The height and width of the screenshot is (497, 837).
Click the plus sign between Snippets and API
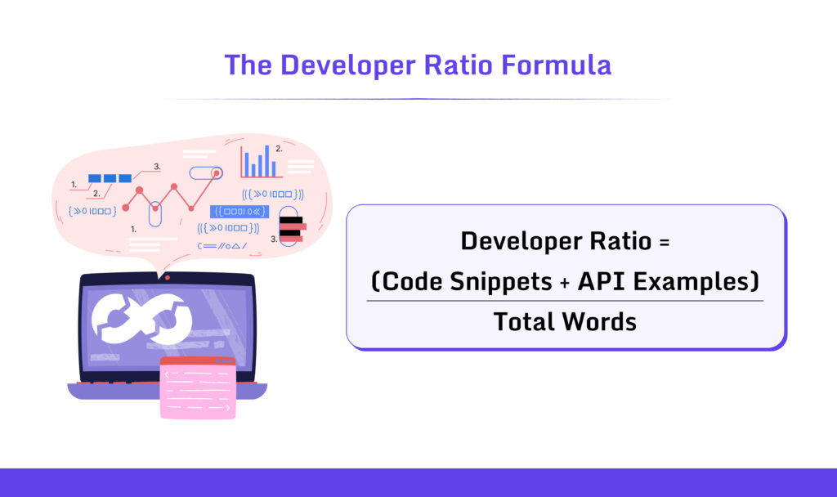point(564,282)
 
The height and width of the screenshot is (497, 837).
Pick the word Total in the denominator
point(522,321)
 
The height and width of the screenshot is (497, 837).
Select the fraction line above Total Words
point(564,301)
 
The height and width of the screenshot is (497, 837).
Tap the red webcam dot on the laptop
point(168,278)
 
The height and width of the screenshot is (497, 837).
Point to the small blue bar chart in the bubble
point(259,163)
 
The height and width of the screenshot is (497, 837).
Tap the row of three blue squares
point(110,178)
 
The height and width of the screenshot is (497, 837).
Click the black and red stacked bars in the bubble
point(292,229)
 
